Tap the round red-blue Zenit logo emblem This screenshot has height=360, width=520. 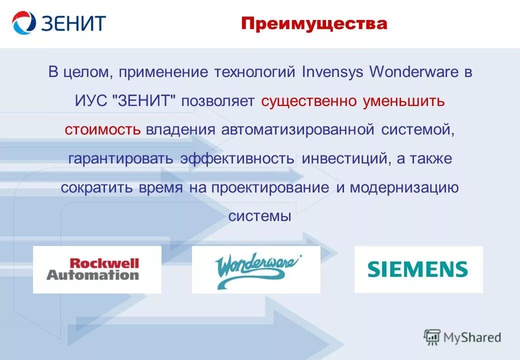[x=24, y=23]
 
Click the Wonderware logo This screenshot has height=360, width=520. [x=256, y=269]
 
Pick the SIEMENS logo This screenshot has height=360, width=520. [x=418, y=269]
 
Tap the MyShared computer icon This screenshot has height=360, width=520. [x=431, y=337]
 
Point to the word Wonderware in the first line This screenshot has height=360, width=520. [x=413, y=72]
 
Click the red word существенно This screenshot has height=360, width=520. [x=308, y=101]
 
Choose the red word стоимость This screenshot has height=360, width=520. [x=102, y=130]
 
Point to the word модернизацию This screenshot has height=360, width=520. [x=404, y=187]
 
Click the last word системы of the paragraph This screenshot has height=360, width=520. [x=259, y=216]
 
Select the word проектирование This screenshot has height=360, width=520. [x=270, y=187]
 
